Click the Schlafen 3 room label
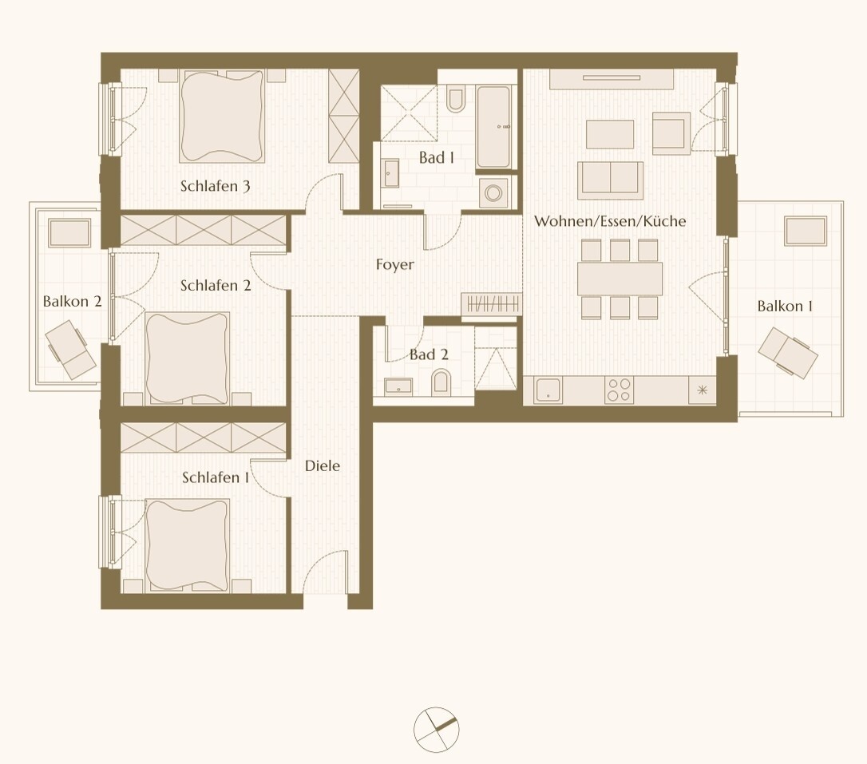tap(216, 187)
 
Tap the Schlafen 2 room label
tap(216, 285)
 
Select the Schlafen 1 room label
tap(216, 477)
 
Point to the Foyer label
tap(395, 264)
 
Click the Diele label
tap(323, 465)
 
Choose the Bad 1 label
tap(436, 158)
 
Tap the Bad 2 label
tap(429, 354)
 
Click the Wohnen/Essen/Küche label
tap(610, 221)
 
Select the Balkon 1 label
tap(785, 306)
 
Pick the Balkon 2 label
tap(72, 302)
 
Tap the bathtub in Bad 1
tap(493, 127)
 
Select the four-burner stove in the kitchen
tap(619, 390)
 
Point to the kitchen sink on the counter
tap(550, 390)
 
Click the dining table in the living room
tap(620, 279)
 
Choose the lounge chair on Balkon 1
tap(787, 352)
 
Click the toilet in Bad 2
tap(441, 384)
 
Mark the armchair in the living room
tap(671, 133)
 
